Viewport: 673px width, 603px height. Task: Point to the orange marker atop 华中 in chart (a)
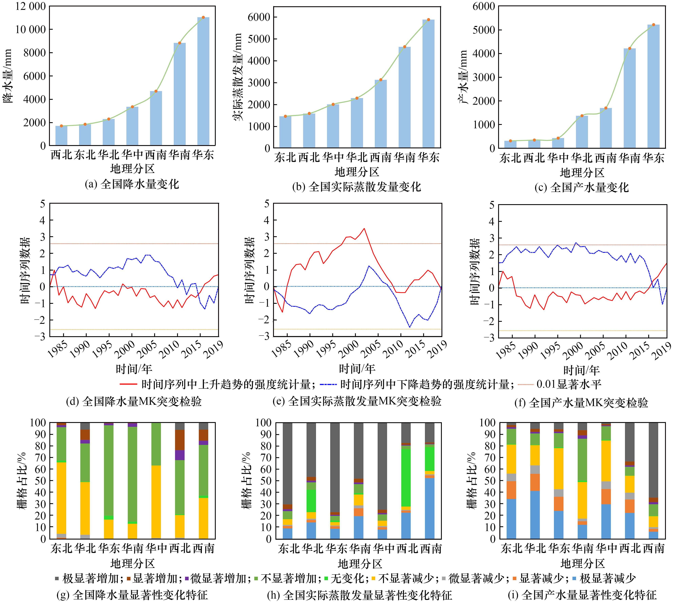click(132, 107)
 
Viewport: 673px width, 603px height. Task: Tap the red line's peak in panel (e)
click(364, 228)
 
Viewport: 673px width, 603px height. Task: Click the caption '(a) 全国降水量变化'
click(132, 184)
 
